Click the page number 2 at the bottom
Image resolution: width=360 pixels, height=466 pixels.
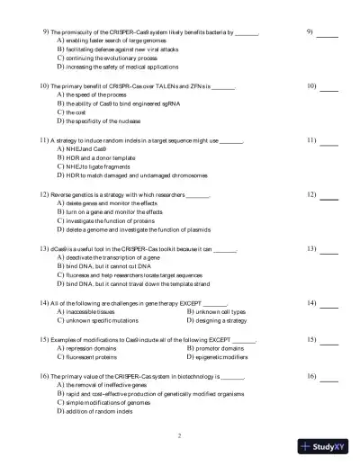point(180,435)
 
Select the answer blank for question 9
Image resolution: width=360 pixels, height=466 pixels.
point(327,35)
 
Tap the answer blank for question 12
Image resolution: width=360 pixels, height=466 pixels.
point(328,199)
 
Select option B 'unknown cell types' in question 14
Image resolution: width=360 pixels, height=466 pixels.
point(220,312)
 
